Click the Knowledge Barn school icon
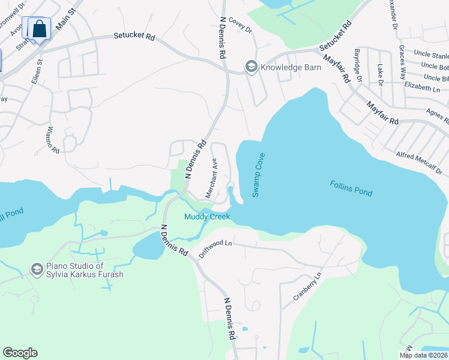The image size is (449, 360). (x=250, y=67)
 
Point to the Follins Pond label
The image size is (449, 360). (x=351, y=188)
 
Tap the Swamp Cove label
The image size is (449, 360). (x=259, y=175)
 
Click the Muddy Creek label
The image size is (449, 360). (x=207, y=217)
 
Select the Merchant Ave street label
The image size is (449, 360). (x=211, y=178)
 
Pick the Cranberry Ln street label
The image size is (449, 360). (x=307, y=286)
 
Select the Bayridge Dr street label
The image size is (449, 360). (x=358, y=65)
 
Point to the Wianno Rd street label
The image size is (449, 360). (x=53, y=139)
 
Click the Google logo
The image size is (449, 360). (x=20, y=353)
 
